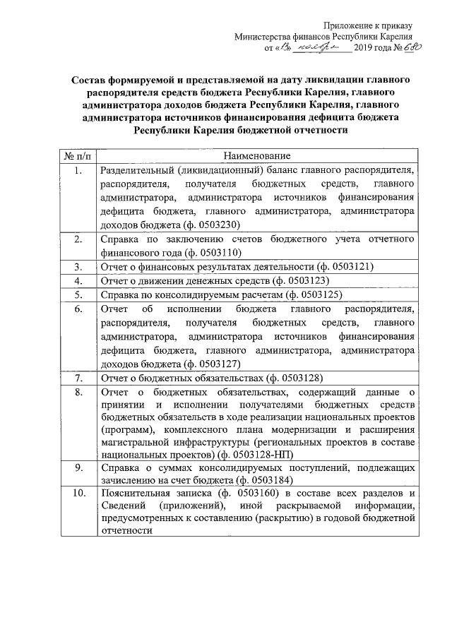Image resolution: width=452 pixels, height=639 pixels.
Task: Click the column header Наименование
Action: coord(256,155)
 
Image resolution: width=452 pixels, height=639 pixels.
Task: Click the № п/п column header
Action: coord(76,155)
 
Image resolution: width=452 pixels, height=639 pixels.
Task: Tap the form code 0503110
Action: coord(220,252)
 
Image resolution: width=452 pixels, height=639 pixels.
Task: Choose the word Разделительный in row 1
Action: coord(138,170)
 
